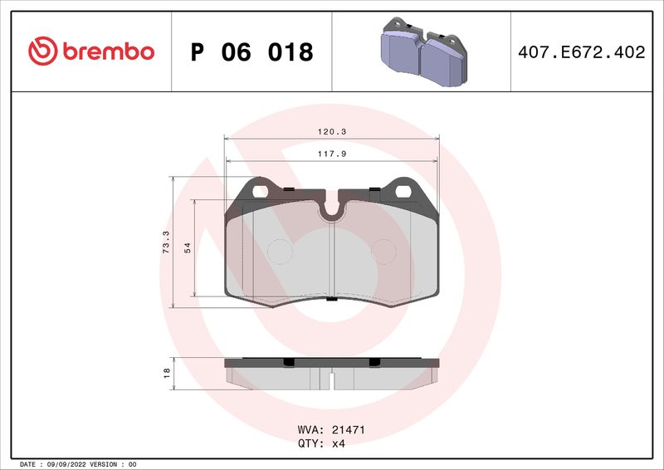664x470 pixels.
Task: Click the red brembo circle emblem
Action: pyautogui.click(x=41, y=51)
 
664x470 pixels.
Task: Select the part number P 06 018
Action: pyautogui.click(x=251, y=52)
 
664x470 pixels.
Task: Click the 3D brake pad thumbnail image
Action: pyautogui.click(x=419, y=52)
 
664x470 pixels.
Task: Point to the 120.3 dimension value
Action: pyautogui.click(x=332, y=131)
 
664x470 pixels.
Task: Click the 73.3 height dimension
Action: pyautogui.click(x=166, y=242)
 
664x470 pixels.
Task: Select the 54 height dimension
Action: pyautogui.click(x=187, y=248)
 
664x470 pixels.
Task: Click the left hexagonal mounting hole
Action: pyautogui.click(x=261, y=191)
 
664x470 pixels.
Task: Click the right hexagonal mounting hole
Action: pyautogui.click(x=404, y=191)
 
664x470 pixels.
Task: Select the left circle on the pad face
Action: pyautogui.click(x=281, y=250)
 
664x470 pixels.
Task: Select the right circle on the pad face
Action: pyautogui.click(x=383, y=250)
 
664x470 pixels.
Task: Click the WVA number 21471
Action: pyautogui.click(x=349, y=431)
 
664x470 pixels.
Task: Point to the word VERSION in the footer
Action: pyautogui.click(x=106, y=464)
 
